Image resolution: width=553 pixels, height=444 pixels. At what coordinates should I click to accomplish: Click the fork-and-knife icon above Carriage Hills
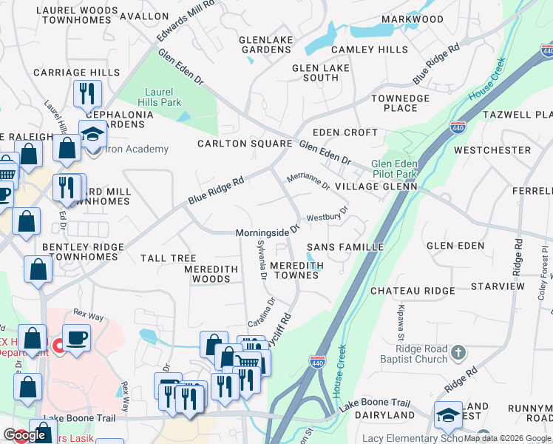(x=87, y=94)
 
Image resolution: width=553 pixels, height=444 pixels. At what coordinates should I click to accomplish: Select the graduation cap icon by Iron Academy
(x=93, y=135)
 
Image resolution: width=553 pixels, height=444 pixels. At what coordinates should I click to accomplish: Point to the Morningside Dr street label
(x=267, y=232)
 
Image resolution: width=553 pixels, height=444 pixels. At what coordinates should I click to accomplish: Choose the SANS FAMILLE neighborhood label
(x=345, y=246)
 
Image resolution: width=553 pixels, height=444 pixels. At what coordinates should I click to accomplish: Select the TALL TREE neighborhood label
(x=168, y=258)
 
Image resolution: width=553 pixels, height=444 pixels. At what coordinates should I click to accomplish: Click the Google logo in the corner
(x=25, y=435)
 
